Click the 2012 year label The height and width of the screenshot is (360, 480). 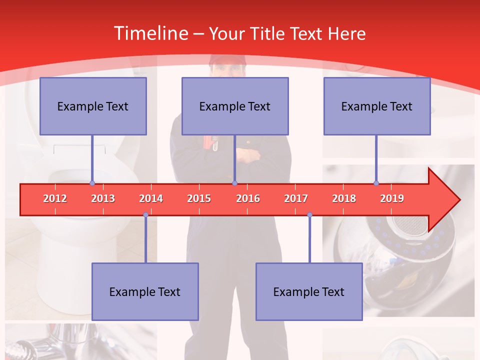pos(55,198)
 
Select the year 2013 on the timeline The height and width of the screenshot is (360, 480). pos(103,198)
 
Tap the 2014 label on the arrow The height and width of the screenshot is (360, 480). pos(151,198)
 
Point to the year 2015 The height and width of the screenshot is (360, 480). pos(199,198)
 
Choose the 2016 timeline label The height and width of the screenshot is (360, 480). pos(248,198)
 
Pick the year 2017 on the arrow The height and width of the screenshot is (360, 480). pos(296,198)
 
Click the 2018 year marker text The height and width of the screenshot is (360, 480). pos(344,198)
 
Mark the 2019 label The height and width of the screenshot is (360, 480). pos(392,198)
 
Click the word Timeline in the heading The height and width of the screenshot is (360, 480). pos(150,33)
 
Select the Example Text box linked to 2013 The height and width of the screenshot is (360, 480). pos(93,106)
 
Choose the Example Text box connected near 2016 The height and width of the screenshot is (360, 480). pos(235,106)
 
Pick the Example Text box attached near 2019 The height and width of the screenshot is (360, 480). pos(377,106)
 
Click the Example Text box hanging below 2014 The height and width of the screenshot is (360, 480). pos(145,291)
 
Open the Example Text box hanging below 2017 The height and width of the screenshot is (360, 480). pos(309,291)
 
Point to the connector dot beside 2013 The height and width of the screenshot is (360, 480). pos(92,183)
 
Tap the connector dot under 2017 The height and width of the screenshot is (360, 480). pos(309,215)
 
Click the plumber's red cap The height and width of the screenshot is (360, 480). pos(228,60)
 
